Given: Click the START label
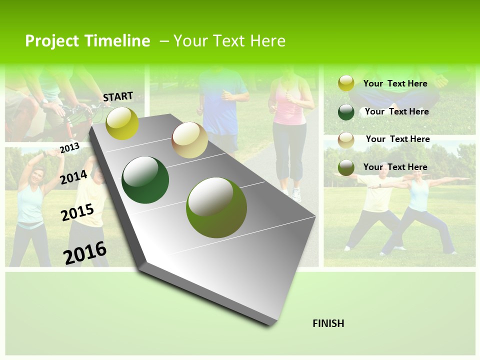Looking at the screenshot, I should [x=118, y=96].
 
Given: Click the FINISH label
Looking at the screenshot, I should [x=328, y=323].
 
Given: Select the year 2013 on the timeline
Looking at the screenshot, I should [x=69, y=148].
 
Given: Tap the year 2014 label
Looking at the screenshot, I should [x=74, y=177].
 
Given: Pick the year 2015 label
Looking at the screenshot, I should [x=77, y=212].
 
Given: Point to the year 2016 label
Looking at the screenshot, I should [x=85, y=253].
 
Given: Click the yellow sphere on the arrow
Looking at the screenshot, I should [x=122, y=123].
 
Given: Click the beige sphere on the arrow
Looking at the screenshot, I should [x=189, y=140].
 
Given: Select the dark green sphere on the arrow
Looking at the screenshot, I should [x=145, y=180].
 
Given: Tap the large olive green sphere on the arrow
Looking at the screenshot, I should [x=216, y=207].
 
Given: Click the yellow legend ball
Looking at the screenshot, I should [x=346, y=83].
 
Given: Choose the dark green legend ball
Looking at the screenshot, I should [x=346, y=111].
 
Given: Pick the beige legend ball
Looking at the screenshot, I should [x=346, y=139].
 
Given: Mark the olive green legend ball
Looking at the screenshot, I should [x=346, y=167].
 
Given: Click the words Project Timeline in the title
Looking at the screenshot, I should [x=87, y=41].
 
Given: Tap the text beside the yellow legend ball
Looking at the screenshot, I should [x=395, y=83].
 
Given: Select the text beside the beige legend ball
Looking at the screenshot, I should [x=397, y=139].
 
